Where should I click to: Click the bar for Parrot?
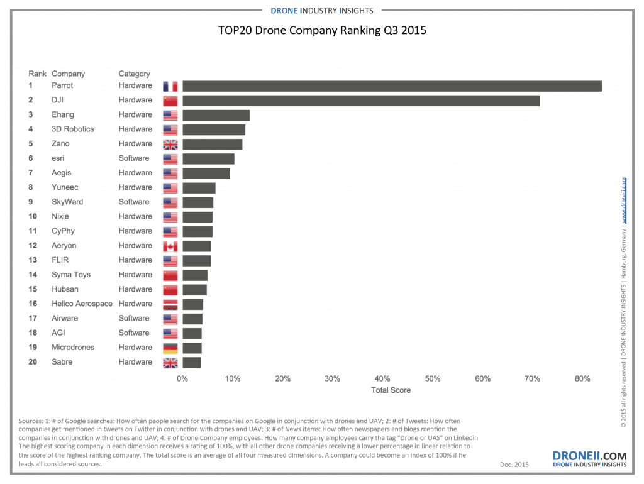392,86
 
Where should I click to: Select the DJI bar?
361,101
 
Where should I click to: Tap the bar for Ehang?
216,115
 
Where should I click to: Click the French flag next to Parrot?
170,86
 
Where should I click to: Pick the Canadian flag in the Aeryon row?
170,246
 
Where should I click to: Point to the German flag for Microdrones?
170,348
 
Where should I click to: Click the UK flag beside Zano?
170,144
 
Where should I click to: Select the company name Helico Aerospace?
82,304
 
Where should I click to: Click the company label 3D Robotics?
72,129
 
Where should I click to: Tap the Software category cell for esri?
134,158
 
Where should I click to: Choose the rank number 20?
33,362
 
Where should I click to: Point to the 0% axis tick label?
182,378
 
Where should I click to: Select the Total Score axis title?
391,390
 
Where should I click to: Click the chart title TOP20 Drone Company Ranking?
322,30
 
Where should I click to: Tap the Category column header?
134,74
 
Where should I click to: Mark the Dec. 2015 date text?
514,465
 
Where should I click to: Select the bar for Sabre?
192,362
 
